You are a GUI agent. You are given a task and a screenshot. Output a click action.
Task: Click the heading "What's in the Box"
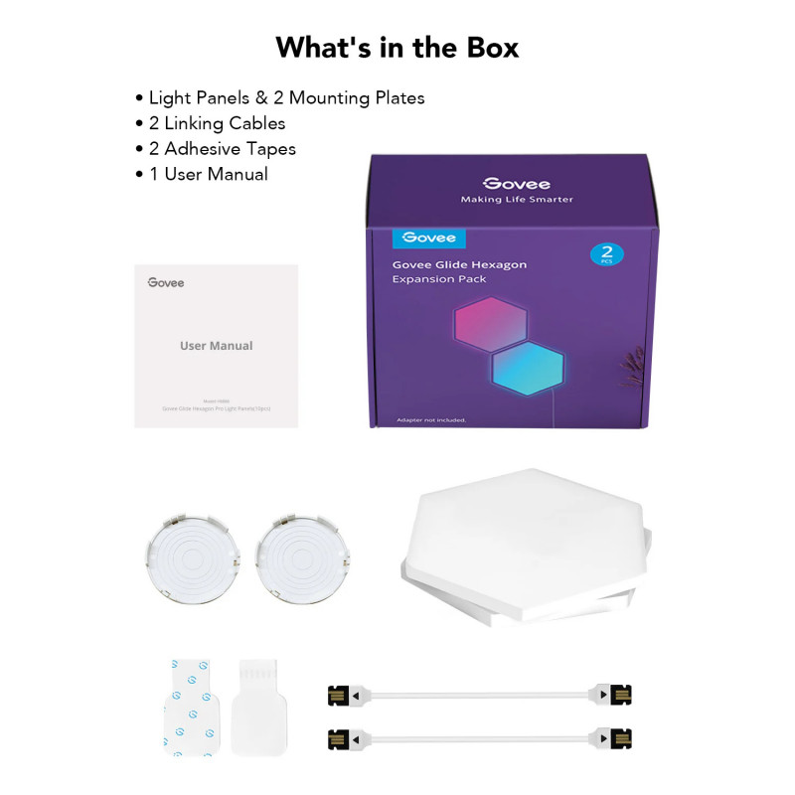point(397,47)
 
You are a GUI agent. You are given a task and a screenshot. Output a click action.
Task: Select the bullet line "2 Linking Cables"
point(217,123)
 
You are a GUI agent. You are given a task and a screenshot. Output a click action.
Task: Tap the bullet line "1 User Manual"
point(208,174)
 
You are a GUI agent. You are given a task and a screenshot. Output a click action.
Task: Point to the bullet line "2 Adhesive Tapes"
point(222,149)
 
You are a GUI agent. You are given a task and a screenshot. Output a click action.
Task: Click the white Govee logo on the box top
point(517,184)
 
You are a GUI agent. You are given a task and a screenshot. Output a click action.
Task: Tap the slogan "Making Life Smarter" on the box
point(517,200)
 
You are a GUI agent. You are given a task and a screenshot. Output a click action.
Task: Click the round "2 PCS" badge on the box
point(606,252)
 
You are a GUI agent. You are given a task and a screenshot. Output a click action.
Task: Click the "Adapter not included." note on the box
point(430,418)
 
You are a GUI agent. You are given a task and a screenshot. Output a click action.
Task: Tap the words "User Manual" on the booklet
point(217,346)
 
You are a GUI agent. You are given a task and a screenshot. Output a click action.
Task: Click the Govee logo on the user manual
point(166,283)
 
